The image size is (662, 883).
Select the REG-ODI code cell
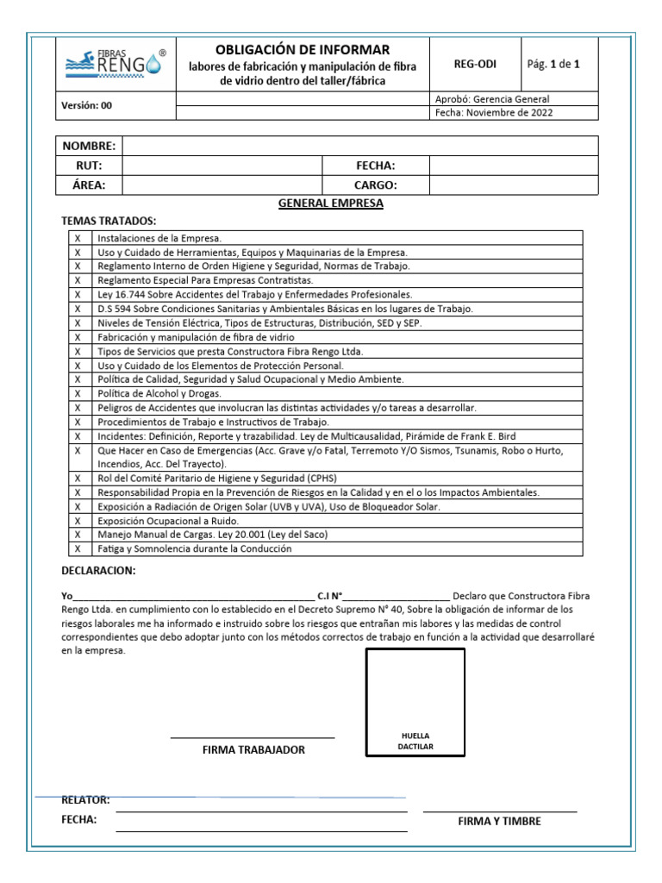[x=475, y=64]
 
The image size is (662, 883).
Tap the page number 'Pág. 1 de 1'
[x=559, y=64]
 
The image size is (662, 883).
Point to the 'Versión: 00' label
[x=86, y=106]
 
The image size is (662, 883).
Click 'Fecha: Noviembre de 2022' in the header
[x=495, y=112]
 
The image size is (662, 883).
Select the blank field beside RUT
[x=222, y=166]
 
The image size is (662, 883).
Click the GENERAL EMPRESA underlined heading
[x=330, y=204]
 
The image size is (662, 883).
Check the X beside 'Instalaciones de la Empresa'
[x=78, y=238]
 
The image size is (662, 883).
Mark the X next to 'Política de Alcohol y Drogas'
[x=78, y=393]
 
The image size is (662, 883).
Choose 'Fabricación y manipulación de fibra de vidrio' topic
[x=196, y=337]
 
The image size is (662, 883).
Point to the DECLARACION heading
[x=98, y=571]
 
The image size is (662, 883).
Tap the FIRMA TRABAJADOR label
[x=253, y=750]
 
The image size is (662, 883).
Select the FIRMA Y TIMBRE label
[x=500, y=821]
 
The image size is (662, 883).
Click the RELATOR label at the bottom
[x=85, y=800]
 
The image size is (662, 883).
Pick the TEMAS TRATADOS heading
[x=109, y=222]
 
